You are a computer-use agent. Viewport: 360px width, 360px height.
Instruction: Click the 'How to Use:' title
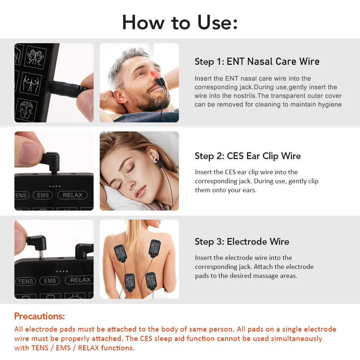point(180,22)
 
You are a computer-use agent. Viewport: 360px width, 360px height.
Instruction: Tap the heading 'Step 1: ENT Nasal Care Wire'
point(257,62)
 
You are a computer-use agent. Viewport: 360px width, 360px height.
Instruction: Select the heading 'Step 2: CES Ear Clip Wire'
point(247,156)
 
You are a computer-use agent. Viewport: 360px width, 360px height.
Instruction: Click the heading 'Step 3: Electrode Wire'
point(242,242)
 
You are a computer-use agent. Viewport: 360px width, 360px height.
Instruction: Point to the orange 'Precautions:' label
point(40,316)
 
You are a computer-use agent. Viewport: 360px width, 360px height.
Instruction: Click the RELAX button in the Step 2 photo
point(72,195)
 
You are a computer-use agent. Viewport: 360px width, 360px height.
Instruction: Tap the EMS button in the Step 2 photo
point(43,195)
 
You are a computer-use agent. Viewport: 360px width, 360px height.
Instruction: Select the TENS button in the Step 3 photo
point(25,281)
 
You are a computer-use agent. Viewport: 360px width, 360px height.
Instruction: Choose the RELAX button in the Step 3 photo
point(80,280)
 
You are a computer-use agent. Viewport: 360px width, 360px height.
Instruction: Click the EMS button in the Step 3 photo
point(50,281)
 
